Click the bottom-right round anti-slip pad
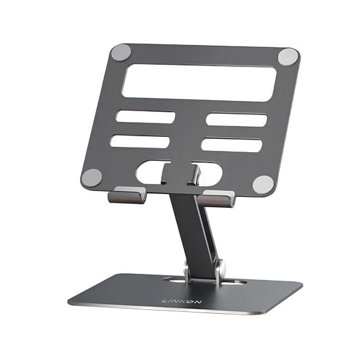[263, 184]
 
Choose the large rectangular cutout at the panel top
[198, 82]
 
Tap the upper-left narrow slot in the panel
[145, 117]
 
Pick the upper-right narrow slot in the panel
[237, 120]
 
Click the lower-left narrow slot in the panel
[140, 141]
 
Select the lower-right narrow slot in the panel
[232, 145]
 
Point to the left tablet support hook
[127, 195]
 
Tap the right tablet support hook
[216, 198]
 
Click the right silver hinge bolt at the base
[221, 268]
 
